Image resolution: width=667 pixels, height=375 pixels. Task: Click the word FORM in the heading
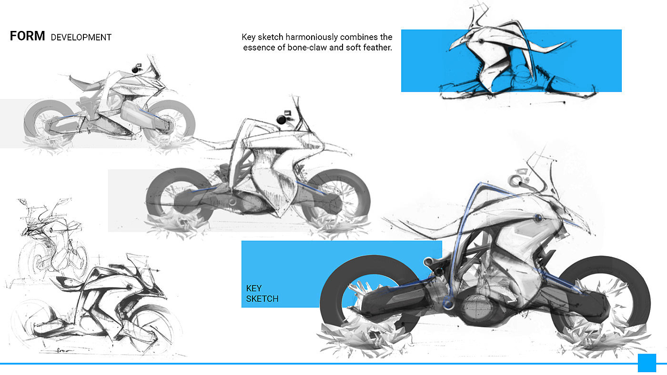pos(28,36)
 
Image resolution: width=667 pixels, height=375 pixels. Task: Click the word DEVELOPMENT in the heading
pos(81,38)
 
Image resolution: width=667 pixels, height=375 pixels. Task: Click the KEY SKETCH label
pos(262,294)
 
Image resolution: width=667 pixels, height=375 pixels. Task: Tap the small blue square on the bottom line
pos(647,363)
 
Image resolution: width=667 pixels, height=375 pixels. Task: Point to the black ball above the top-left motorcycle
pos(135,70)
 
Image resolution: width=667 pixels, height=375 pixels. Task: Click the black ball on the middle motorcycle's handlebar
pos(281,120)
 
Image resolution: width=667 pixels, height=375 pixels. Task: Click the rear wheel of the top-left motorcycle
pos(30,119)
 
